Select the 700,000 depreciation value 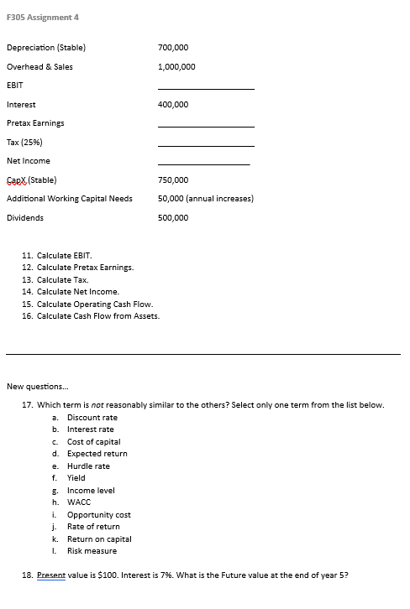point(173,48)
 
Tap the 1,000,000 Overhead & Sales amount point(176,66)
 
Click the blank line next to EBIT point(205,88)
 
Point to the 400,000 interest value point(173,104)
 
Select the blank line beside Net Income point(205,164)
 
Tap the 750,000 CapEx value point(173,180)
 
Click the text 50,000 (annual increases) point(206,199)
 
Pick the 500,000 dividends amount point(173,217)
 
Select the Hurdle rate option point(88,466)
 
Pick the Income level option point(91,490)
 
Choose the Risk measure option point(92,551)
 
